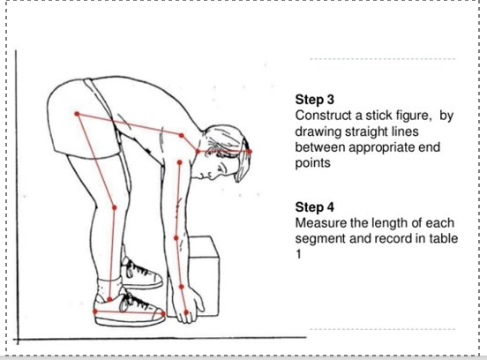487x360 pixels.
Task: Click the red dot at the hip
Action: click(x=77, y=114)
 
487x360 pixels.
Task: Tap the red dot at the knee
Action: click(x=115, y=207)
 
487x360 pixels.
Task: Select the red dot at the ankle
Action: click(x=109, y=299)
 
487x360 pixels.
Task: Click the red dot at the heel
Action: click(x=95, y=311)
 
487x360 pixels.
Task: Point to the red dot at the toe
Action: click(x=163, y=314)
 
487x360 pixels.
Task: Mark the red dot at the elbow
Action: click(x=176, y=238)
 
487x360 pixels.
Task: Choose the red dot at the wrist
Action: click(x=182, y=287)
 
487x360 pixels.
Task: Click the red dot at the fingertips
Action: click(x=186, y=312)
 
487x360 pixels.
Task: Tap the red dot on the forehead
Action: click(x=250, y=152)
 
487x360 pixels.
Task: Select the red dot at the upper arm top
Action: click(x=179, y=162)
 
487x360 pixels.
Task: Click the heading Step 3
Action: click(x=315, y=100)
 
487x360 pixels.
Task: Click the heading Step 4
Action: click(x=315, y=207)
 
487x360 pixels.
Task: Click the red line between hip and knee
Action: click(x=95, y=161)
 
